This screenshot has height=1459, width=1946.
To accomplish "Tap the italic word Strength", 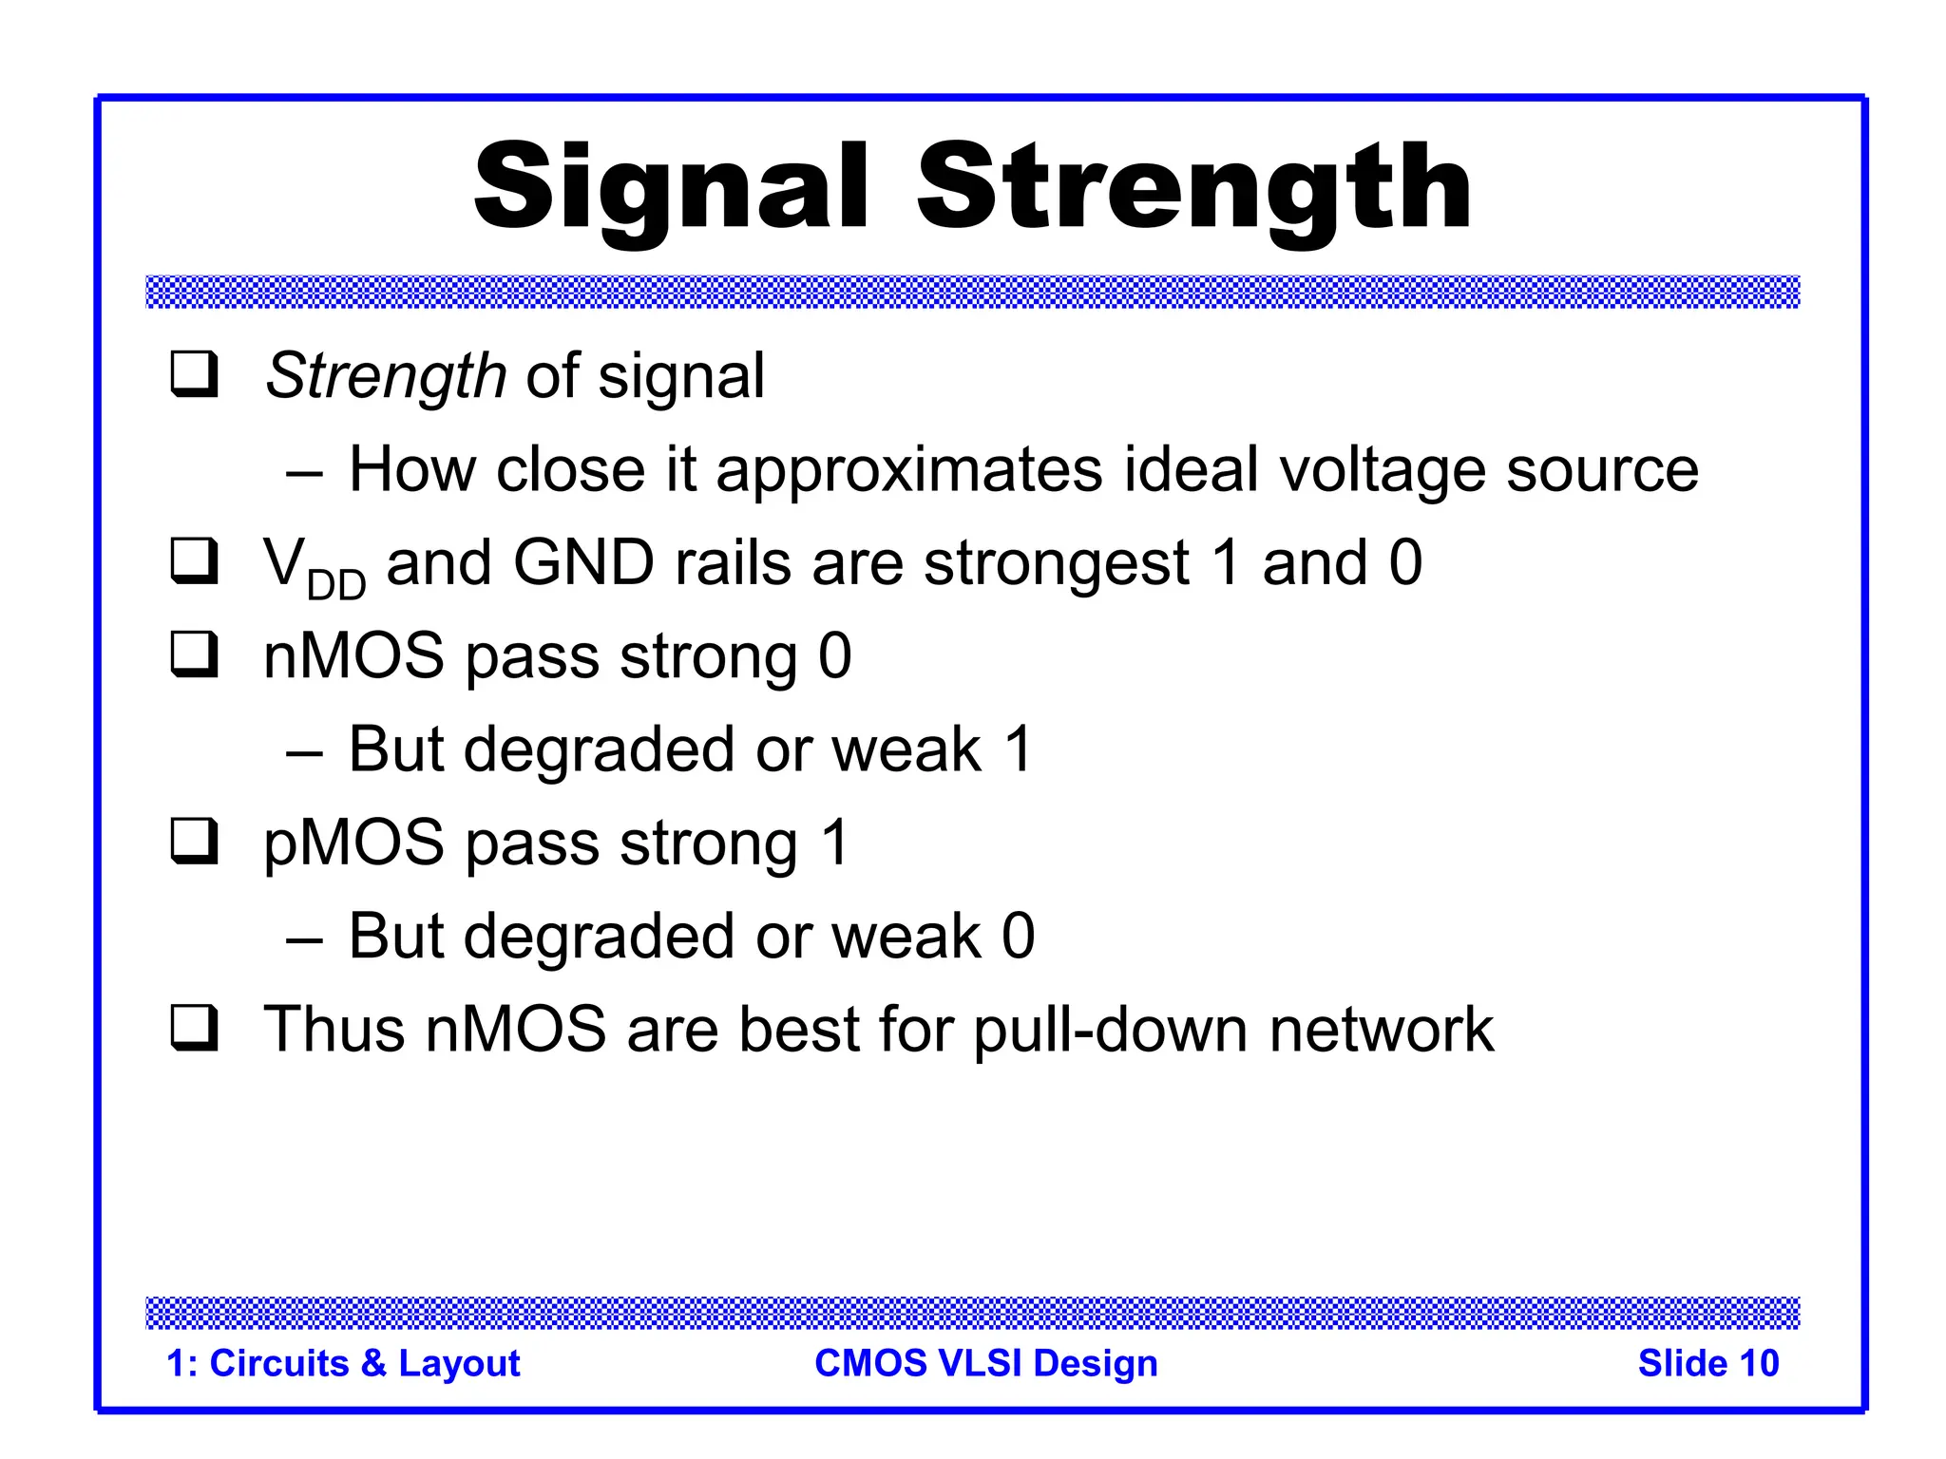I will click(385, 376).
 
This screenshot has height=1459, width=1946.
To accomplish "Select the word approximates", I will click(909, 470).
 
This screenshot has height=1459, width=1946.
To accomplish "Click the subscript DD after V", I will click(336, 585).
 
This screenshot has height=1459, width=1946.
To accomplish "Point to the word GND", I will click(583, 562).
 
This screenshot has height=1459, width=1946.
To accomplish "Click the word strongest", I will click(1057, 564).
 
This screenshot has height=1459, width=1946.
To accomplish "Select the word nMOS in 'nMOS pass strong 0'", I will click(354, 656).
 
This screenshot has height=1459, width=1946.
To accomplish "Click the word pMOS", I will click(354, 843).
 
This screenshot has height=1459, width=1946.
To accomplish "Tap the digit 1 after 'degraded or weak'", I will click(1019, 749).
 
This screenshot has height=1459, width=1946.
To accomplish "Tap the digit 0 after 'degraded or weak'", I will click(1019, 937).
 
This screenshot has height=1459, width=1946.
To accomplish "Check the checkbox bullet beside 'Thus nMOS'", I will click(195, 1029).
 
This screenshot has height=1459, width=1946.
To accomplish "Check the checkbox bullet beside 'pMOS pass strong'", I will click(195, 842).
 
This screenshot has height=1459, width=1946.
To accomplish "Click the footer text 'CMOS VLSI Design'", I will click(986, 1363).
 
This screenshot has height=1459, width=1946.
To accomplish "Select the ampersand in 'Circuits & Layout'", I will click(373, 1363).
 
